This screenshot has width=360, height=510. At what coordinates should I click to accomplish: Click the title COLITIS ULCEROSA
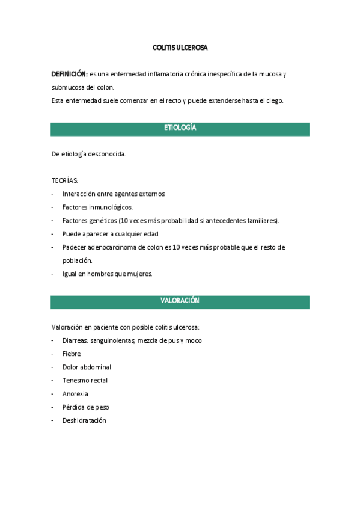(180, 47)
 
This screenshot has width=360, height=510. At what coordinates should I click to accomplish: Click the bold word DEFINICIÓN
(69, 74)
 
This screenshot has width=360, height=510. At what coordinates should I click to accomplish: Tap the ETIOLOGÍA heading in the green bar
(180, 129)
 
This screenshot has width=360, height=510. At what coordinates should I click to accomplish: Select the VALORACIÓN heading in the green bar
(180, 301)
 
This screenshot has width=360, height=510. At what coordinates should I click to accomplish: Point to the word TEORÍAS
(64, 180)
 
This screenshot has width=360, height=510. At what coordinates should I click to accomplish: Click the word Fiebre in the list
(72, 354)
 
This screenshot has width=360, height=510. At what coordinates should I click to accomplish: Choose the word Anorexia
(75, 394)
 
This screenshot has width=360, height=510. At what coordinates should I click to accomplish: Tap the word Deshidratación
(84, 420)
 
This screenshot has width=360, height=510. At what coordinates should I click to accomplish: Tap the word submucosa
(67, 87)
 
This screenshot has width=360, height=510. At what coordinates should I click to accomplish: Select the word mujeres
(139, 274)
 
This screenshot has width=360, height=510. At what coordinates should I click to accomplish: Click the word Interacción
(80, 194)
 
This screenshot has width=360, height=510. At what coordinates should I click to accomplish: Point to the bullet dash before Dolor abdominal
(53, 367)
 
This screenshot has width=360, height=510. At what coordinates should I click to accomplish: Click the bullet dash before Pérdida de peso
(53, 407)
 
